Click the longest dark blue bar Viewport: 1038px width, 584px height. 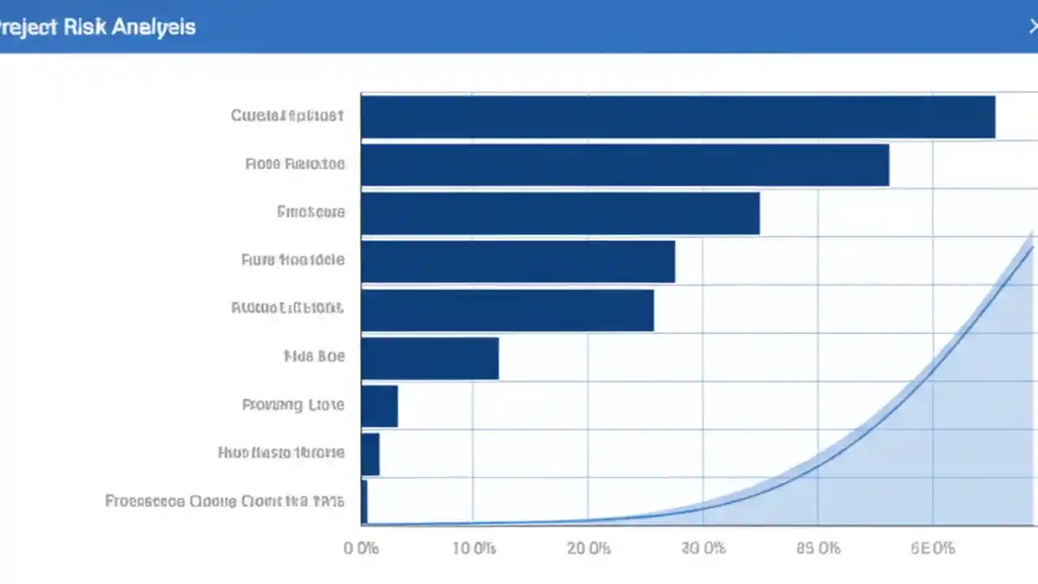pyautogui.click(x=678, y=117)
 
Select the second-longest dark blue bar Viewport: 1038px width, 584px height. pyautogui.click(x=624, y=165)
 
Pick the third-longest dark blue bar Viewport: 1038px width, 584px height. pyautogui.click(x=560, y=213)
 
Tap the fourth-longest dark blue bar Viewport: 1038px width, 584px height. pyautogui.click(x=518, y=261)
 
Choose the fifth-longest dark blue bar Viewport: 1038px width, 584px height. pyautogui.click(x=508, y=310)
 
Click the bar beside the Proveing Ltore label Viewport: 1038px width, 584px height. pyautogui.click(x=380, y=406)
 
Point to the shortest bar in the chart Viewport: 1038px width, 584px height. pyautogui.click(x=364, y=502)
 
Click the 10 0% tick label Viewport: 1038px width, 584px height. pyautogui.click(x=474, y=548)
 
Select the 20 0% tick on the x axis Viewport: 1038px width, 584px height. pyautogui.click(x=589, y=548)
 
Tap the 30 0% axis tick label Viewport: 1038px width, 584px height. pyautogui.click(x=704, y=548)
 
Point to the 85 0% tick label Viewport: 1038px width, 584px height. pyautogui.click(x=818, y=548)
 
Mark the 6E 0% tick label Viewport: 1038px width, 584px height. pyautogui.click(x=933, y=548)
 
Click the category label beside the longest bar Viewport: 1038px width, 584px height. pyautogui.click(x=287, y=116)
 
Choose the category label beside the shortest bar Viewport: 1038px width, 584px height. pyautogui.click(x=225, y=501)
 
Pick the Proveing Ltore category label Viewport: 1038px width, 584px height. pyautogui.click(x=293, y=405)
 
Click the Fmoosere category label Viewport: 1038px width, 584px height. pyautogui.click(x=311, y=213)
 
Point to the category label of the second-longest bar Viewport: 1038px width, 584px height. pyautogui.click(x=294, y=164)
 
